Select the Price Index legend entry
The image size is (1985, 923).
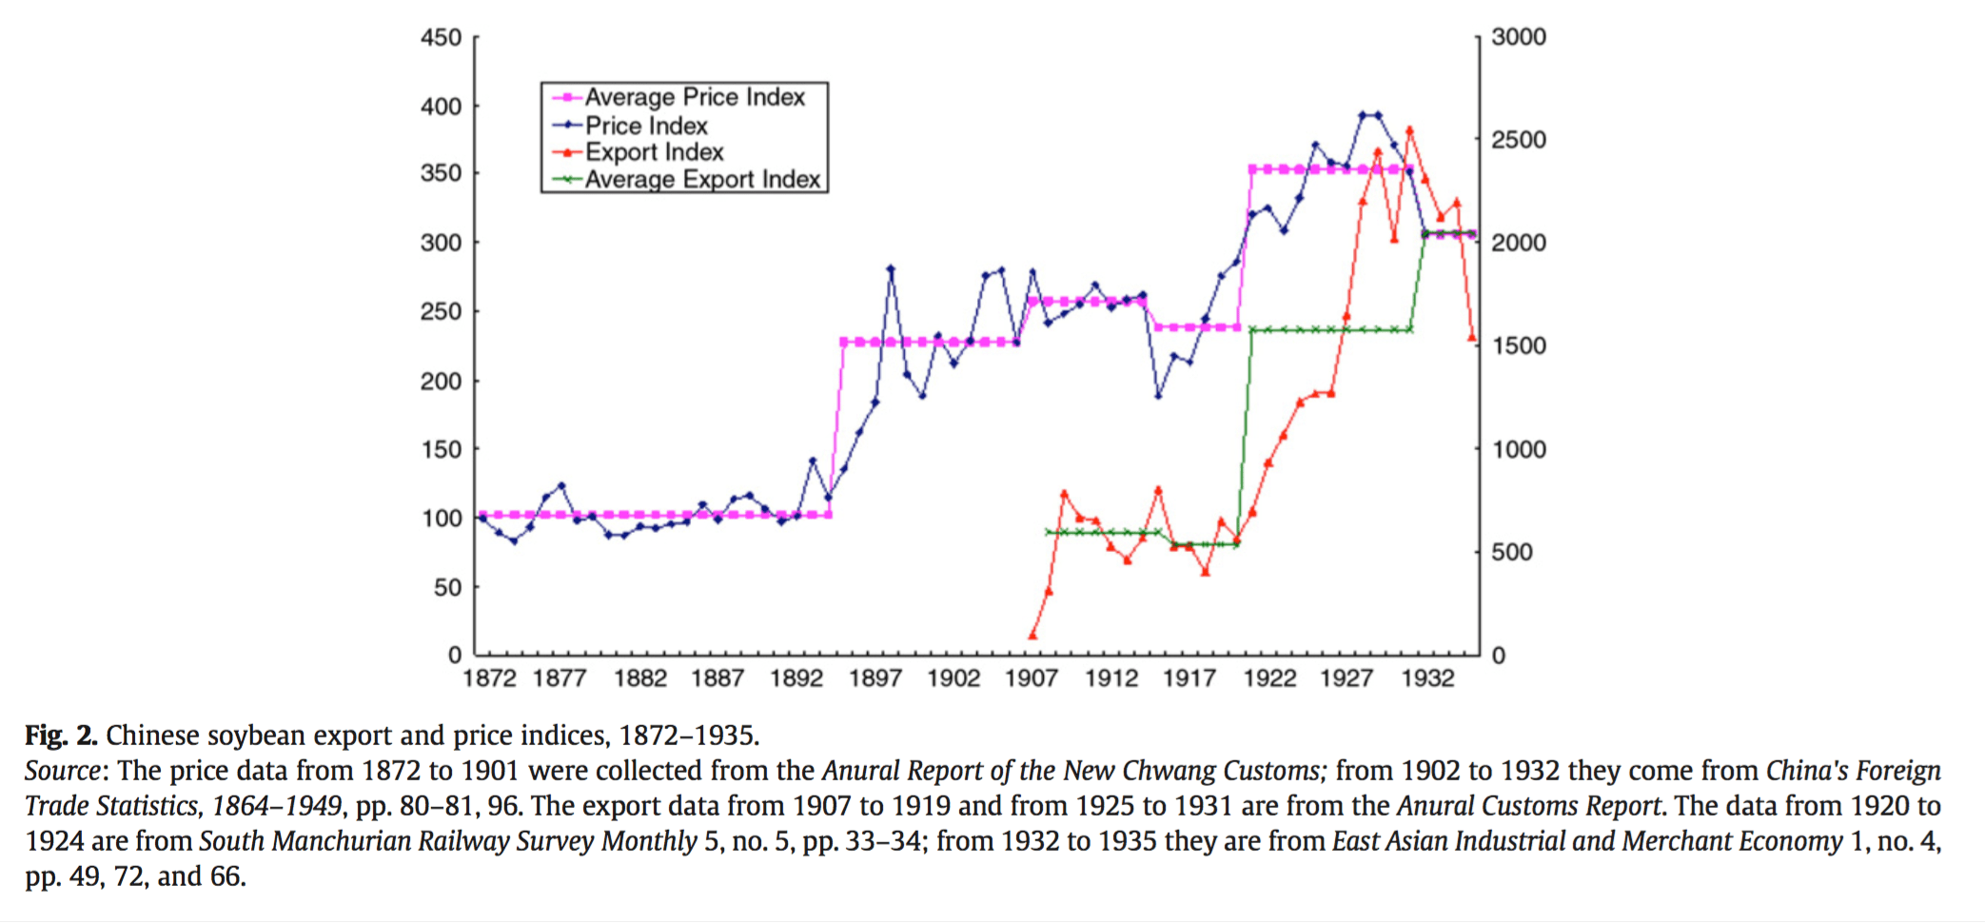point(646,126)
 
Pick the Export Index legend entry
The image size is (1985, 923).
point(654,152)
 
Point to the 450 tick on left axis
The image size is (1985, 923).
point(442,38)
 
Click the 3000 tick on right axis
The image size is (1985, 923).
point(1519,37)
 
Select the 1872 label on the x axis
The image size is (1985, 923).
point(489,678)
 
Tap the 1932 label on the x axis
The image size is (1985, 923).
point(1427,678)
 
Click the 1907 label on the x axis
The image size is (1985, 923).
point(1032,678)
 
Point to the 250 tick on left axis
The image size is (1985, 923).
point(442,311)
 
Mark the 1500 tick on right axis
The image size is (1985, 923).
point(1519,345)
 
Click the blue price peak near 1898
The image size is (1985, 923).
point(891,269)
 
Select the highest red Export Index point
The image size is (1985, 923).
point(1409,130)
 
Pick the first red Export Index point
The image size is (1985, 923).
point(1032,636)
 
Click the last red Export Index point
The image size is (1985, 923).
point(1472,338)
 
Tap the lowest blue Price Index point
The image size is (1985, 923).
point(514,541)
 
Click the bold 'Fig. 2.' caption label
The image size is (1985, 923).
point(61,736)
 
